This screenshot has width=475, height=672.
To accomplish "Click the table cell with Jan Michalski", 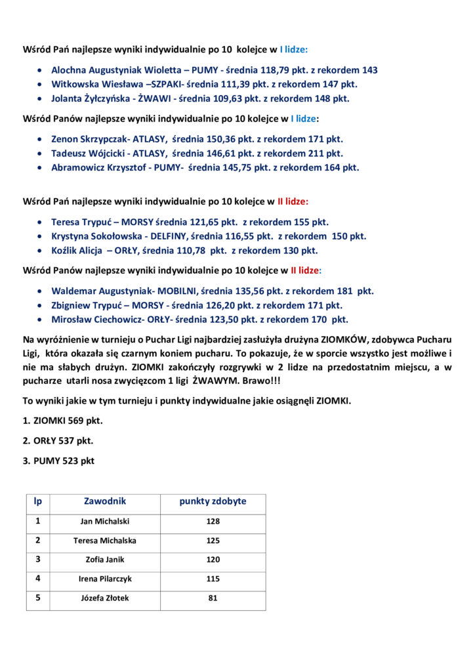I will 105,522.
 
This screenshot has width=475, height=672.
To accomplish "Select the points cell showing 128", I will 213,522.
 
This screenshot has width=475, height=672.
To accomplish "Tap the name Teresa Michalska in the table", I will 105,541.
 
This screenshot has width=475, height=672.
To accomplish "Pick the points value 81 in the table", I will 213,598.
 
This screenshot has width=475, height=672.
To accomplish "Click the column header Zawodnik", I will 105,501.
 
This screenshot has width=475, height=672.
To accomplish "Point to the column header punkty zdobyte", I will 213,501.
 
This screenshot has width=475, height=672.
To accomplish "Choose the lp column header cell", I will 38,501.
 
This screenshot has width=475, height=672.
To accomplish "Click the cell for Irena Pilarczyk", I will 105,579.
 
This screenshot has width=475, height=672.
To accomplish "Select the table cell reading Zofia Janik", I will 105,560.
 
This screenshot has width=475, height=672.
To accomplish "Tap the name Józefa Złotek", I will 105,598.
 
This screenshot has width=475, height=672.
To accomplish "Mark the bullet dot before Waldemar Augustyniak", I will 42,291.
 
